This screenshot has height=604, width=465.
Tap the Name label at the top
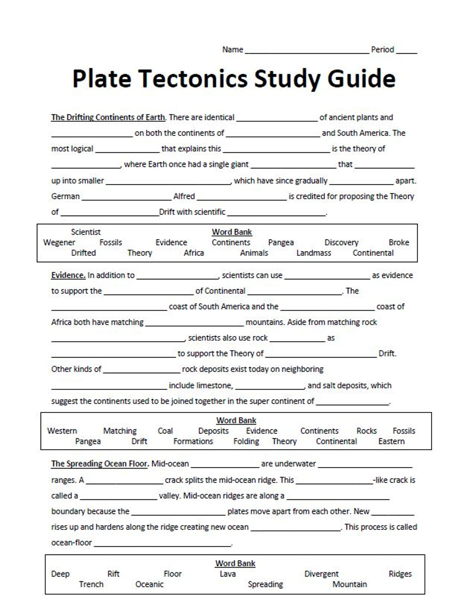pos(232,50)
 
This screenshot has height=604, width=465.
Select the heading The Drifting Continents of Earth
pos(108,117)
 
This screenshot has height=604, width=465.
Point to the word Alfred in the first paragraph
pos(184,196)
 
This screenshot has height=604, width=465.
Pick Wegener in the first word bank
pos(59,243)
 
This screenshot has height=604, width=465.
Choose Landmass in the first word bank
pos(314,253)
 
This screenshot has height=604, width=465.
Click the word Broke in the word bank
pos(399,243)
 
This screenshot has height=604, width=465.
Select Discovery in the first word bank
pos(341,243)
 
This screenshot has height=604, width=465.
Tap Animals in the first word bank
pos(254,253)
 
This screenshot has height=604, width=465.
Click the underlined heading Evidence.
pos(68,275)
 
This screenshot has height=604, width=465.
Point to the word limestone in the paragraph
pos(215,386)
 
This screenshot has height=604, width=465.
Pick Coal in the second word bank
pos(165,431)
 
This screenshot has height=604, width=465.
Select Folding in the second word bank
pos(246,442)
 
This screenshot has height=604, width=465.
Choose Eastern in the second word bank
pos(391,442)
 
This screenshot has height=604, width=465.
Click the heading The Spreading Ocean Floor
pos(100,464)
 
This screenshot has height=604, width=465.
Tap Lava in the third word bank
pos(227,574)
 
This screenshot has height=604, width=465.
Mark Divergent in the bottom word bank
pos(321,574)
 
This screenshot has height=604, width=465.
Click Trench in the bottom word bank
pos(91,585)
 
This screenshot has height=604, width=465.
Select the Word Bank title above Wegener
pos(232,232)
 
